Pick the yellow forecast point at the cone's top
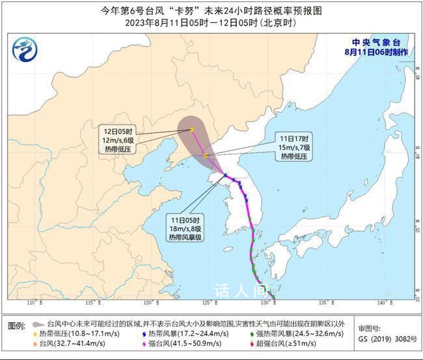point(191,130)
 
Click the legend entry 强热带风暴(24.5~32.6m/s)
point(293,333)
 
